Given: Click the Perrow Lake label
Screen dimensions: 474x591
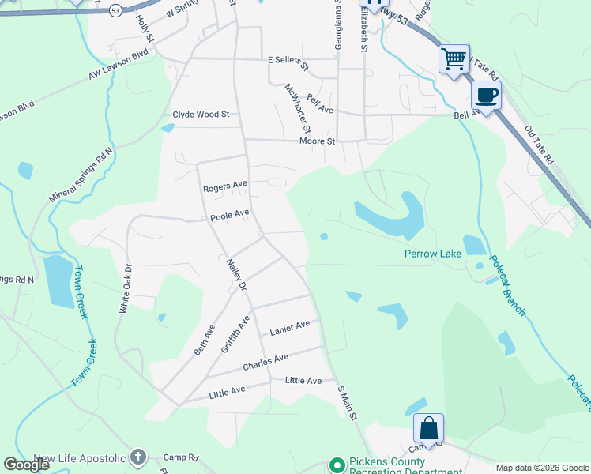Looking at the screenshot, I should pos(432,254).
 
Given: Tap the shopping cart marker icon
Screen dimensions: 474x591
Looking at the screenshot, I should pos(454,58).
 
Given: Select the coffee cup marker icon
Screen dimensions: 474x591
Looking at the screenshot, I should pos(486,96).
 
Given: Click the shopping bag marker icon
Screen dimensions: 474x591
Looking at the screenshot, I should pos(428,428).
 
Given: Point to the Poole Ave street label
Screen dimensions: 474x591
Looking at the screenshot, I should pos(230,213).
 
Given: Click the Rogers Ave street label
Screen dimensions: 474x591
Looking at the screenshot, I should pos(225,187).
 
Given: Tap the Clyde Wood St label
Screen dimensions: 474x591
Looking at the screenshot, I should pos(201,115).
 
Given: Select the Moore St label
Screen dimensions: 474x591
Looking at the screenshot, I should pos(318,141).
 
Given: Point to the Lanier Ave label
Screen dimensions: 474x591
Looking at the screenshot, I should pos(290,330).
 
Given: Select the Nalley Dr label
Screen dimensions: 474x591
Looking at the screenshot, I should pos(237,274).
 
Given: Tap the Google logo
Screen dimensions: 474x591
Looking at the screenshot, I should pos(26,465).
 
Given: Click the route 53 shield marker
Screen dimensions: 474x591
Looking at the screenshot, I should pos(115,11).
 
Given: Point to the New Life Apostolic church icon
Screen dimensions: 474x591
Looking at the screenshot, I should pos(138,457).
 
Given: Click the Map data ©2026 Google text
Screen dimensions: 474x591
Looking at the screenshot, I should pos(542,468).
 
